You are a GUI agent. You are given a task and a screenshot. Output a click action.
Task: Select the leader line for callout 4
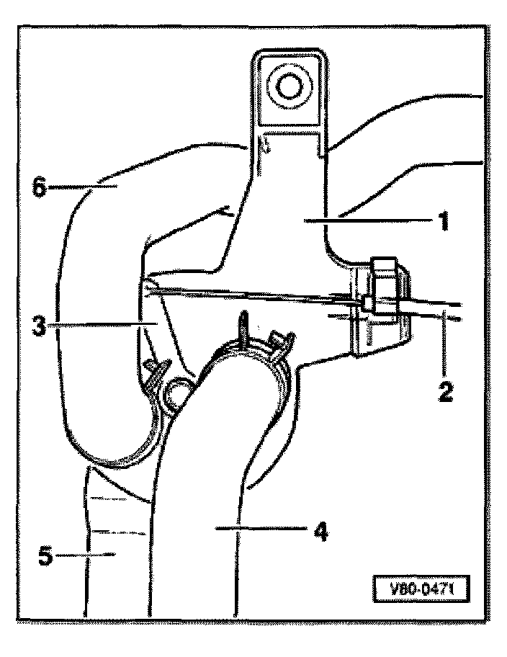266,531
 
